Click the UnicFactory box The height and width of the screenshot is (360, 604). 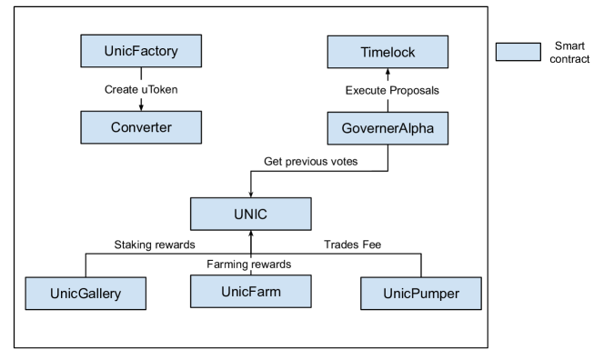pyautogui.click(x=141, y=50)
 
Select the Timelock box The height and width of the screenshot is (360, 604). pyautogui.click(x=388, y=52)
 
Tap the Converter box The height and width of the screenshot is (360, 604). pyautogui.click(x=141, y=127)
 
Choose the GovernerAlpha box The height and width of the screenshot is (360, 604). pyautogui.click(x=388, y=128)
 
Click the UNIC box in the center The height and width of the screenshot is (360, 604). pyautogui.click(x=250, y=215)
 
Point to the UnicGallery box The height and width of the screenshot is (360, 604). pyautogui.click(x=86, y=294)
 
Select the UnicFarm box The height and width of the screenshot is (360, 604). pyautogui.click(x=250, y=292)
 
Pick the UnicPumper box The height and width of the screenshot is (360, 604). pyautogui.click(x=421, y=294)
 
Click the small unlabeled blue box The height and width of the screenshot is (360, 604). pyautogui.click(x=518, y=52)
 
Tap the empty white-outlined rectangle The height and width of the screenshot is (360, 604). pyautogui.click(x=311, y=161)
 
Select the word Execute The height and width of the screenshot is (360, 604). pyautogui.click(x=366, y=90)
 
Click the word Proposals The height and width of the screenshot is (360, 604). pyautogui.click(x=414, y=90)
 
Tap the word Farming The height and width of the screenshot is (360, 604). pyautogui.click(x=226, y=265)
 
